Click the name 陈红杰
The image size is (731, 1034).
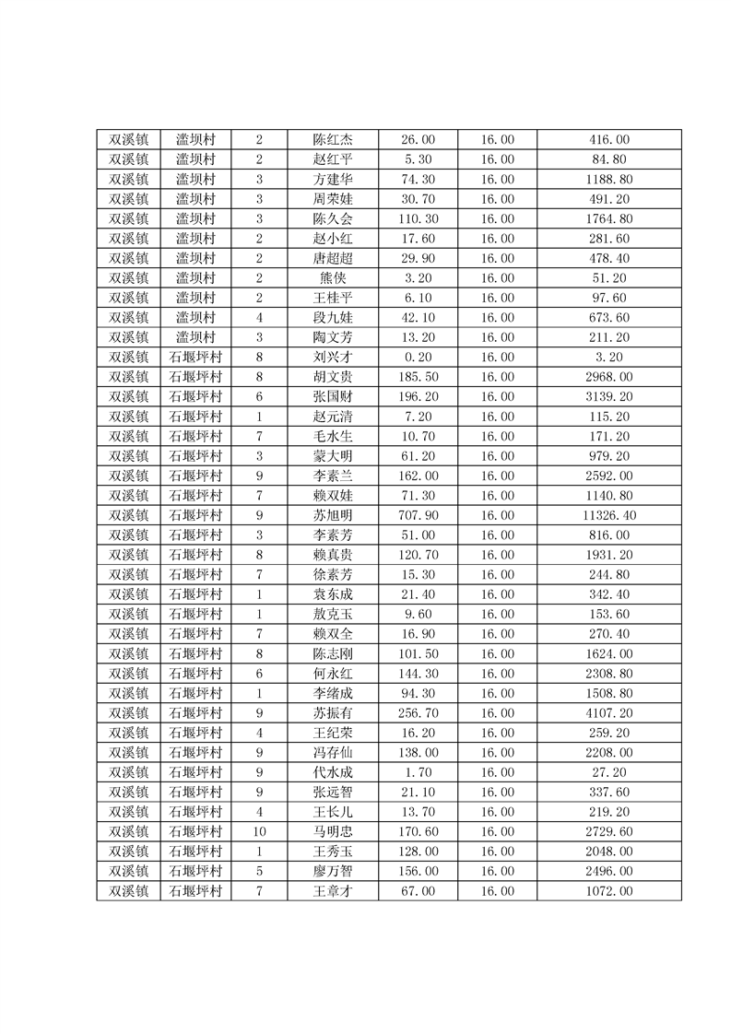333,140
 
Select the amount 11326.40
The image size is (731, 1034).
609,515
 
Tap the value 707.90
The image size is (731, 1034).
418,515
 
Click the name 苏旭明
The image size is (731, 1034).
333,515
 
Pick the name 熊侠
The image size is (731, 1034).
333,278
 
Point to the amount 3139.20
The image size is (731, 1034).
609,397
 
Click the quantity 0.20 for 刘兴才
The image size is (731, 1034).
418,358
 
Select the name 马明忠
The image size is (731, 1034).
333,832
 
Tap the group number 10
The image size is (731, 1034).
259,832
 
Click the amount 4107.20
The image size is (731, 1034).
609,713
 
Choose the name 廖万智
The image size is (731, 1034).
333,872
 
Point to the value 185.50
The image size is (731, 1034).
418,377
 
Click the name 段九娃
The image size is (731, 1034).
333,318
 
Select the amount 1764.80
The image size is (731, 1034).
609,219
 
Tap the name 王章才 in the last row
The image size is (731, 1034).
333,891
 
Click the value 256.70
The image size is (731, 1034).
418,713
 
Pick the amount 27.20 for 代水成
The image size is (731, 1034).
609,772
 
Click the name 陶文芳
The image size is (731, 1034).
333,337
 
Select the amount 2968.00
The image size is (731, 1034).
609,377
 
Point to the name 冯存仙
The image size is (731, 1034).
333,753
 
